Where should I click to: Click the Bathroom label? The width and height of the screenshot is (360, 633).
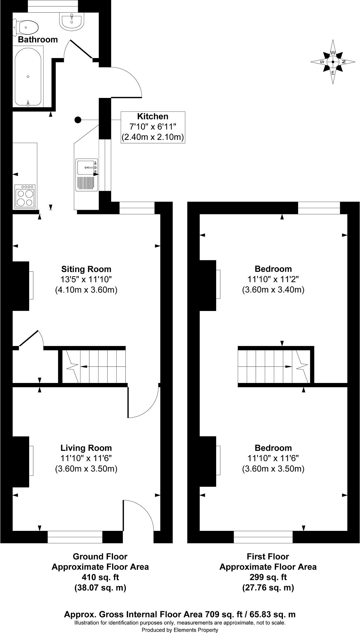coord(38,40)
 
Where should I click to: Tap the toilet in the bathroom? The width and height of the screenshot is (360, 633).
coord(26,27)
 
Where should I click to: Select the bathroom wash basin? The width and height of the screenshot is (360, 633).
coord(72,20)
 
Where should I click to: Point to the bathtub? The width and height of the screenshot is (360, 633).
coord(28,77)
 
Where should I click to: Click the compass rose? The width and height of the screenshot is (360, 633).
coord(333,62)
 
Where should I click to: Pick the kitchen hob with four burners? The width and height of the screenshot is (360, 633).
coord(25,196)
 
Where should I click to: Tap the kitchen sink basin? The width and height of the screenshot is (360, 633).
coord(86,167)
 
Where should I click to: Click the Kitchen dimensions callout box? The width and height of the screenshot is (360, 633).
coord(153,127)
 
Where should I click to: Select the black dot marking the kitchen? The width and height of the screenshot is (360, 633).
coord(78,120)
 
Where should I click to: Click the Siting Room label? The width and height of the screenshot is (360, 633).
coord(86,269)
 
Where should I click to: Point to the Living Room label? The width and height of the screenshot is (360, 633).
coord(86,448)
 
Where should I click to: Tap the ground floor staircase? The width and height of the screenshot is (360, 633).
coord(94,366)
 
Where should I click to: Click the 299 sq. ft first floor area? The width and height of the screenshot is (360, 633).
coord(268,577)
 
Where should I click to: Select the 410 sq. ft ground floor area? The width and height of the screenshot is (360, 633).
coord(100,577)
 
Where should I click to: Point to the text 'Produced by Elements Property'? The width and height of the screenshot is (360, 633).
coord(180,630)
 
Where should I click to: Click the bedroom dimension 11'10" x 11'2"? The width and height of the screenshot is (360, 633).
coord(273,279)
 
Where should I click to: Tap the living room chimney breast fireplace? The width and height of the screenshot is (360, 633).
coord(21,461)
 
